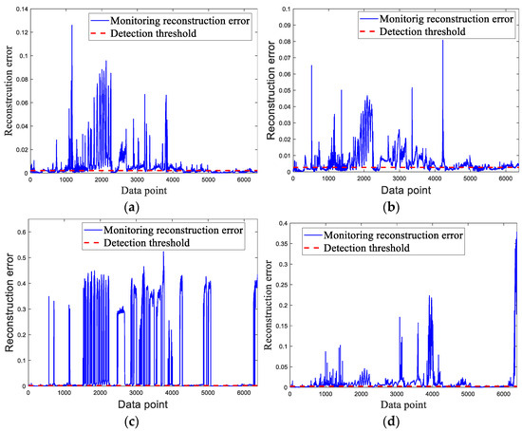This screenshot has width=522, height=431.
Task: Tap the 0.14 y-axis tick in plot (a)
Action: [19, 8]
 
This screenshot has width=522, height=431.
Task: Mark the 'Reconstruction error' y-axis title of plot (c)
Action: [8, 304]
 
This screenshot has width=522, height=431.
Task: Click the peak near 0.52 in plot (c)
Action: [163, 252]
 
